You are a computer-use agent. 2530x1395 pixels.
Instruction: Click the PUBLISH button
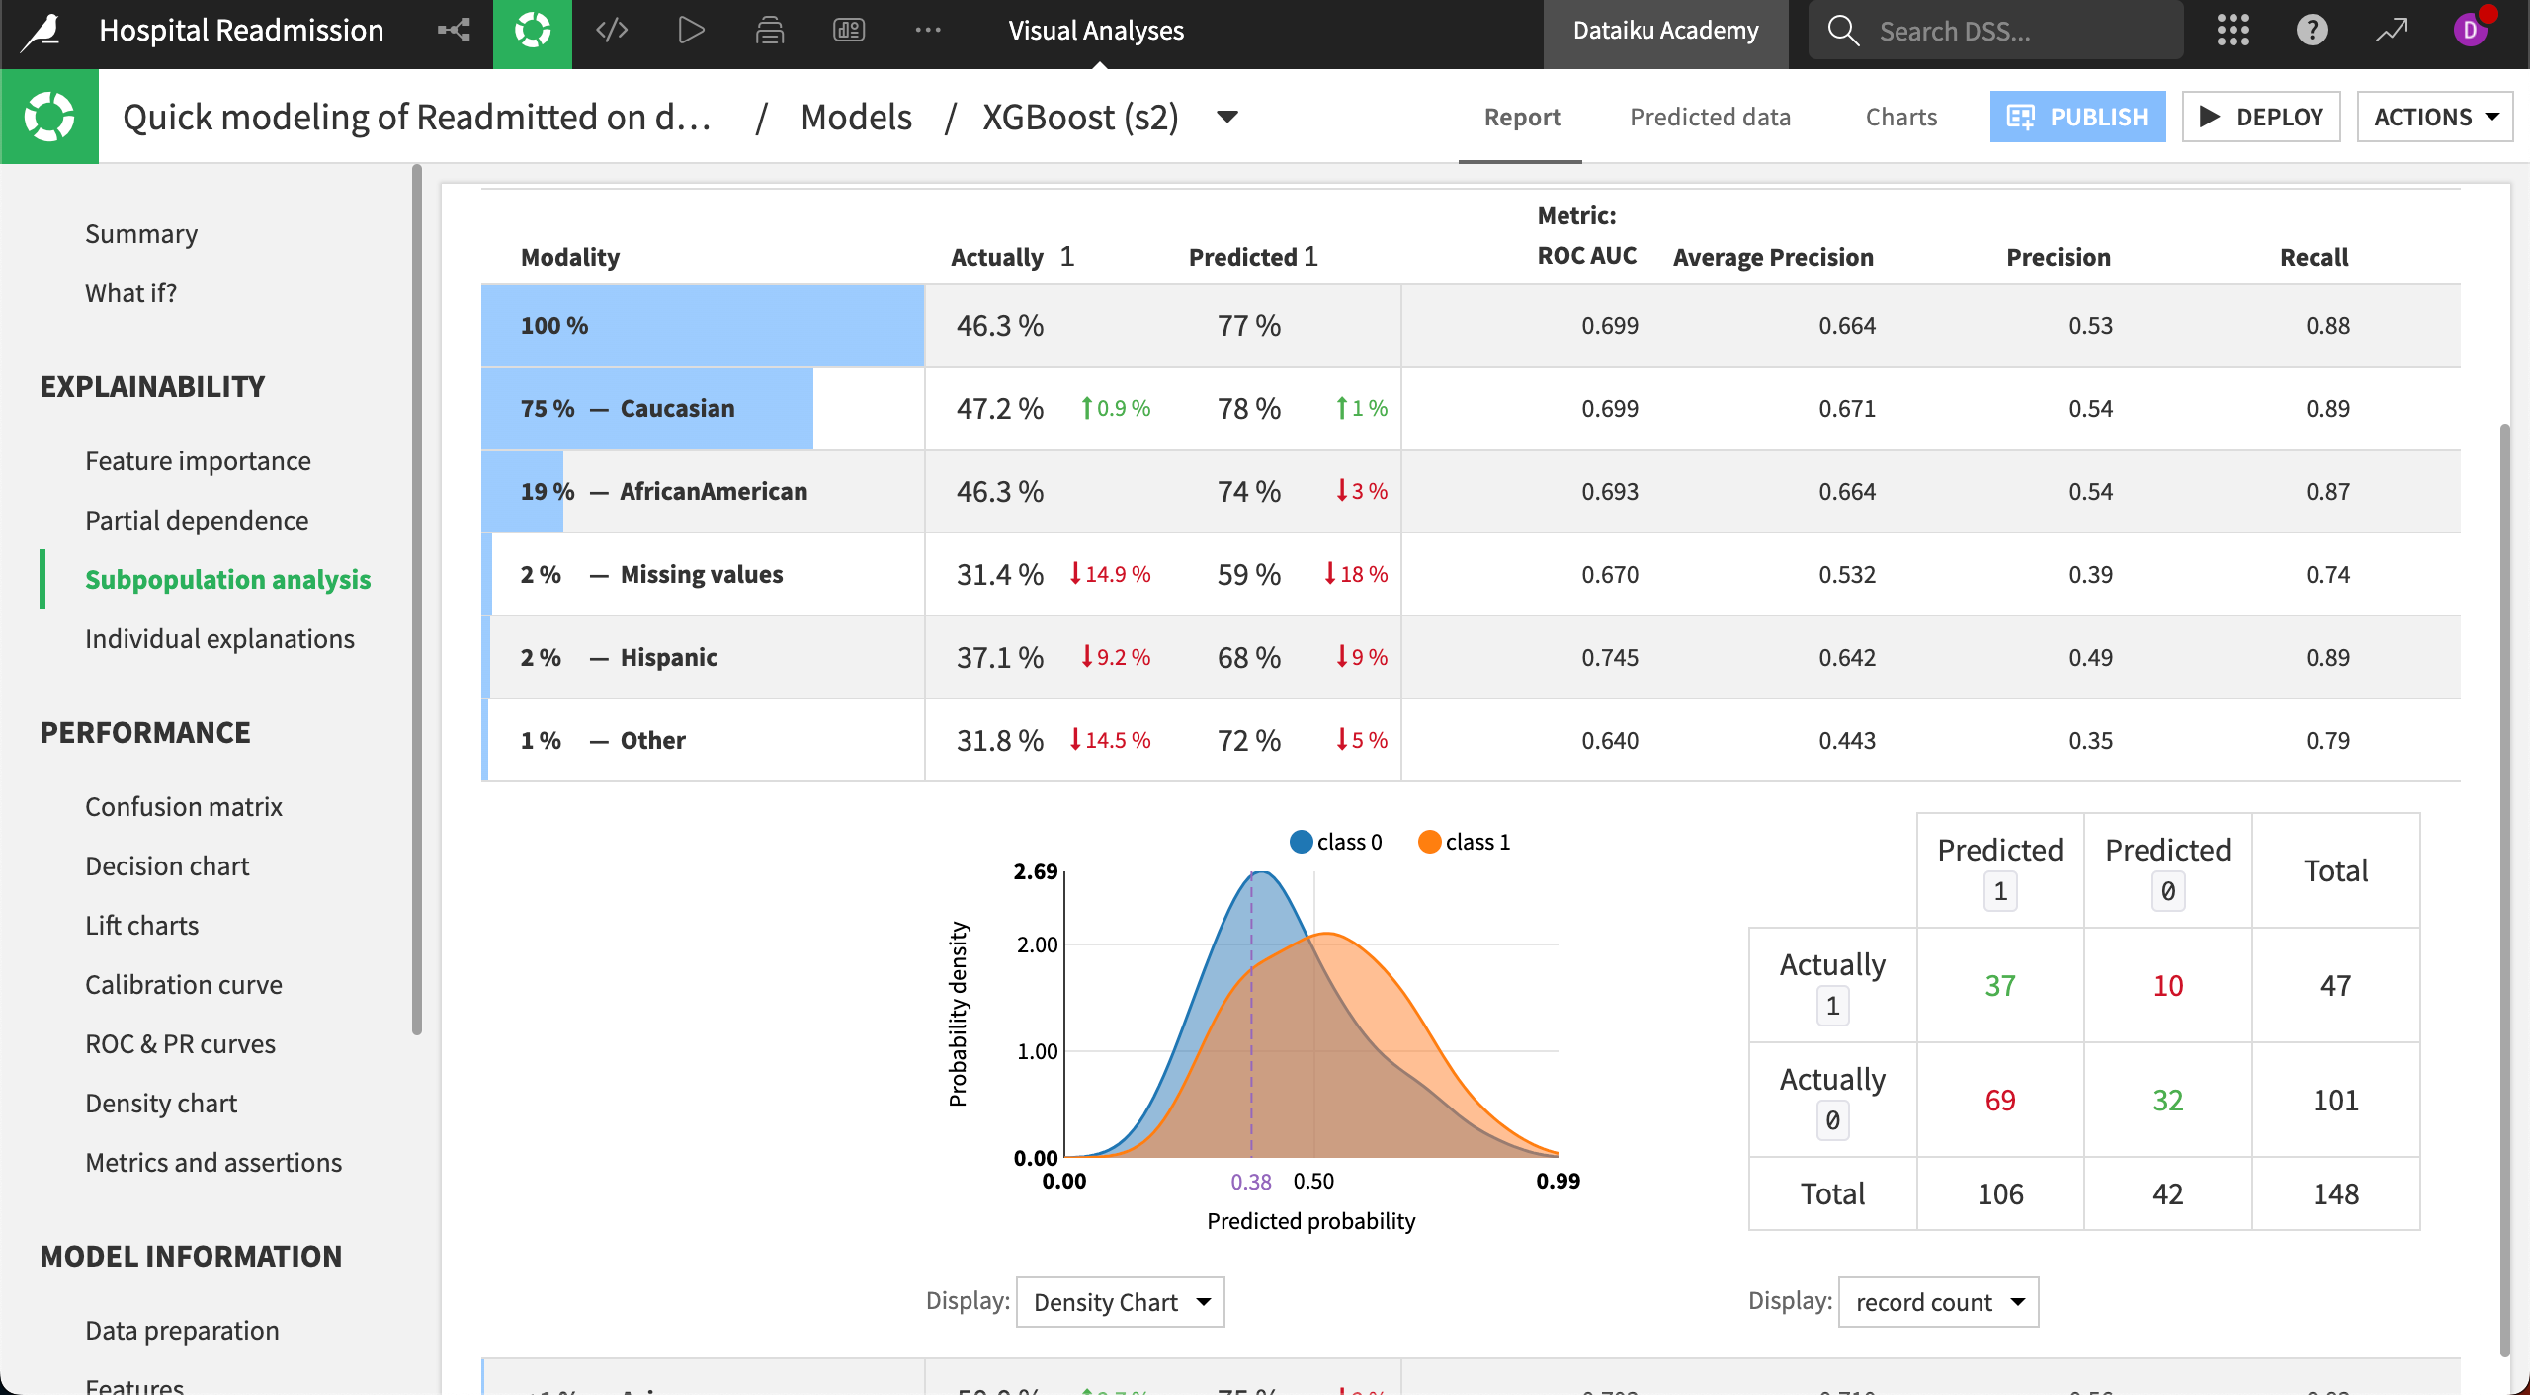(x=2077, y=117)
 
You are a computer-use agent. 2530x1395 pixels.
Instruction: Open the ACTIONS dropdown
(x=2435, y=117)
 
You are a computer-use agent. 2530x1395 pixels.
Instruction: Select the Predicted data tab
(x=1710, y=117)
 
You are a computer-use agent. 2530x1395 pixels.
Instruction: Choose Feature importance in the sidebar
(x=198, y=461)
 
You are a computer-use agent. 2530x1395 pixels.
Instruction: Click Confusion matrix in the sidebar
(x=184, y=807)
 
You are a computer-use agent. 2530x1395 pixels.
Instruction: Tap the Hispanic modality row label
(x=668, y=657)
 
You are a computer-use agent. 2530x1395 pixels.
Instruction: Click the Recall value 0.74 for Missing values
(x=2327, y=574)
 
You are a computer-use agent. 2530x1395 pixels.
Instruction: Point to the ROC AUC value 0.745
(x=1609, y=657)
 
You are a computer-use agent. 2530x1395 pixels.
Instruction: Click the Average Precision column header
(x=1773, y=257)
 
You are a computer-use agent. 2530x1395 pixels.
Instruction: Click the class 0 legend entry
(x=1336, y=842)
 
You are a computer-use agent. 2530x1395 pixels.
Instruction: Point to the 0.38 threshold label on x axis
(x=1251, y=1182)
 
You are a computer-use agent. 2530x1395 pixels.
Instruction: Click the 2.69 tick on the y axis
(x=1035, y=871)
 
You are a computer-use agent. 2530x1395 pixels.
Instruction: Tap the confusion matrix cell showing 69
(x=2000, y=1100)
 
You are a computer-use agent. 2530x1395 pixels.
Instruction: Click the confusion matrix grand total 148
(x=2335, y=1193)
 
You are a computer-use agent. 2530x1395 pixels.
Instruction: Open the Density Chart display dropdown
(x=1120, y=1302)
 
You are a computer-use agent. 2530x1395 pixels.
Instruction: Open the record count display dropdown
(x=1938, y=1302)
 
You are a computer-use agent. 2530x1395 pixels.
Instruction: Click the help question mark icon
(x=2312, y=31)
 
